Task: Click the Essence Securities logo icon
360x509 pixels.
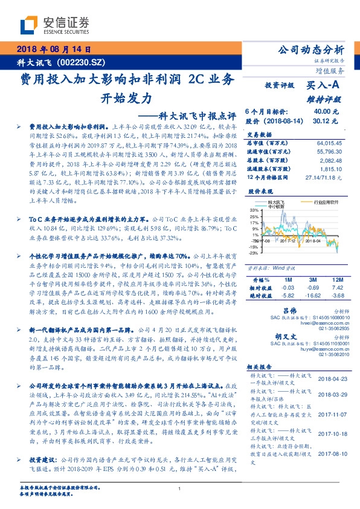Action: pos(30,25)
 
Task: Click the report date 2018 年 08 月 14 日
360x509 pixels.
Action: pos(55,51)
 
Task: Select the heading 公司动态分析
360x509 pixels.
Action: pos(310,51)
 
